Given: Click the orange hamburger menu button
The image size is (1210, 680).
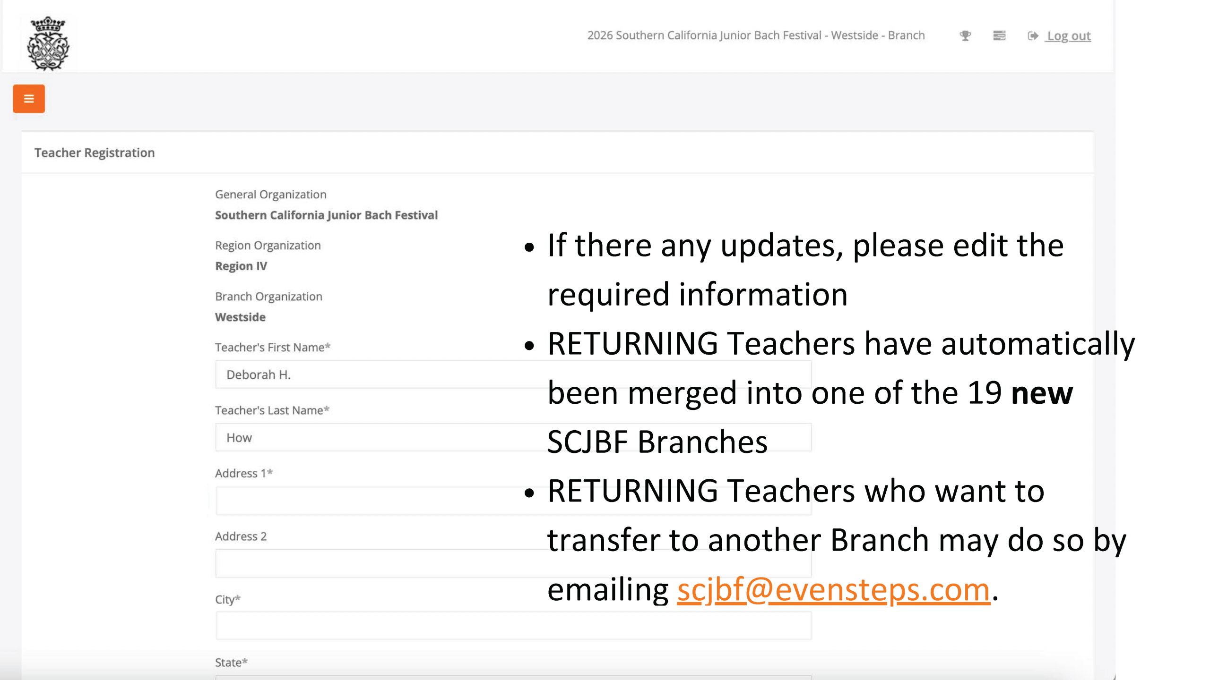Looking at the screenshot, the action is (x=29, y=99).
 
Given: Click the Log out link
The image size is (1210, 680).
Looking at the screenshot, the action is (x=1069, y=36).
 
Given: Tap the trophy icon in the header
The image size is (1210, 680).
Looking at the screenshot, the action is (x=965, y=35).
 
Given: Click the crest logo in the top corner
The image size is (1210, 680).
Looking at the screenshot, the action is (x=48, y=43).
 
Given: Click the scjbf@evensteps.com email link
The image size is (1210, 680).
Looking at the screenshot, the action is (x=833, y=590).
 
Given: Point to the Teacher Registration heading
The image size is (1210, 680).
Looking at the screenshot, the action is (x=95, y=153).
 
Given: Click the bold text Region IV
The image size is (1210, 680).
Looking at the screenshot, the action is (x=241, y=266).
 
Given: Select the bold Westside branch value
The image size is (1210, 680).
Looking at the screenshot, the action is (x=240, y=317).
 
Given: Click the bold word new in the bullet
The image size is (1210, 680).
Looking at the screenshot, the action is (x=1042, y=393).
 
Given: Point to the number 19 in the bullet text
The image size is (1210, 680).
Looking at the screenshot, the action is (x=985, y=392).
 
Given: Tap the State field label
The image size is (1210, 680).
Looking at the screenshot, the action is (x=231, y=662).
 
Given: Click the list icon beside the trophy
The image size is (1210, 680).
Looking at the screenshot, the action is (x=999, y=35).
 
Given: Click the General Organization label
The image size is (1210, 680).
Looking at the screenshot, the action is (x=271, y=194).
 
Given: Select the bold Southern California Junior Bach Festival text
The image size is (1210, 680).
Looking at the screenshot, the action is (x=327, y=215).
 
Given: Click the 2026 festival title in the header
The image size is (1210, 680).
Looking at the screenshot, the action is (x=756, y=35).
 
